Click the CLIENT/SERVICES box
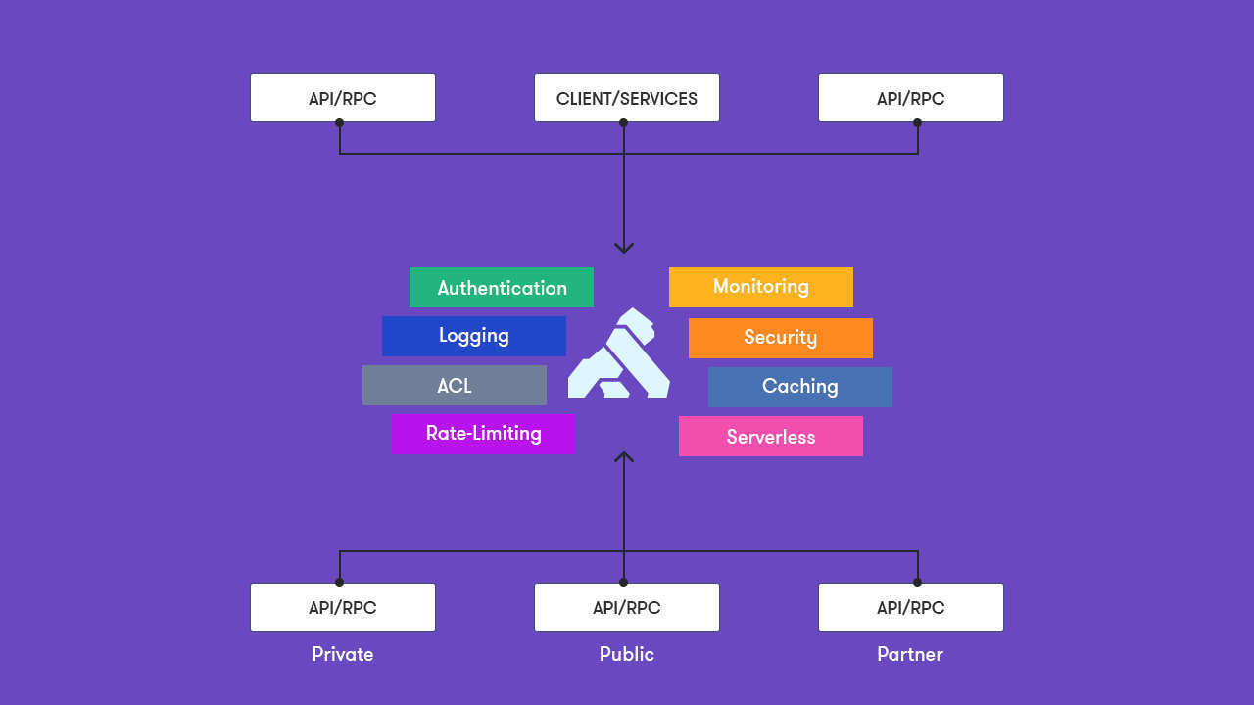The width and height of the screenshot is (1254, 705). (x=627, y=98)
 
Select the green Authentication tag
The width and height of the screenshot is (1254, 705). (x=502, y=288)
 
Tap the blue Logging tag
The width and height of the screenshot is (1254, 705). (x=474, y=336)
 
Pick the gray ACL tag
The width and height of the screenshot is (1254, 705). (x=455, y=386)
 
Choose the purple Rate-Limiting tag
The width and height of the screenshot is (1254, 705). (x=483, y=434)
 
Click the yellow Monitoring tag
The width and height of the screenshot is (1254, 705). (x=761, y=287)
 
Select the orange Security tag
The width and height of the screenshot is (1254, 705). (x=781, y=338)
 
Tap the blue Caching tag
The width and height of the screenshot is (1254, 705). (x=800, y=387)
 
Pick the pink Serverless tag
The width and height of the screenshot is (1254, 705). (x=771, y=437)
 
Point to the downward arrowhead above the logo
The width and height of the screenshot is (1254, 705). (x=624, y=248)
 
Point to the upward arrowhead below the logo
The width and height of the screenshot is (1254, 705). (x=624, y=456)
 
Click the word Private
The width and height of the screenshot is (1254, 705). (x=343, y=654)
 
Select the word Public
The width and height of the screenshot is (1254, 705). (x=627, y=654)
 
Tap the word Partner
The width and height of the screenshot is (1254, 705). (x=910, y=654)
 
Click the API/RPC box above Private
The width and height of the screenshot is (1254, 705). (x=343, y=607)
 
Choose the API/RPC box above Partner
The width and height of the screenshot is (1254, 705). (x=911, y=607)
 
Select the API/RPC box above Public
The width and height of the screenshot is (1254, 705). (x=627, y=607)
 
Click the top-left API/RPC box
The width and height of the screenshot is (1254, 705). (x=343, y=98)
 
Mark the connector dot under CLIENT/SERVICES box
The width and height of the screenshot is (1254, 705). (x=623, y=123)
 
